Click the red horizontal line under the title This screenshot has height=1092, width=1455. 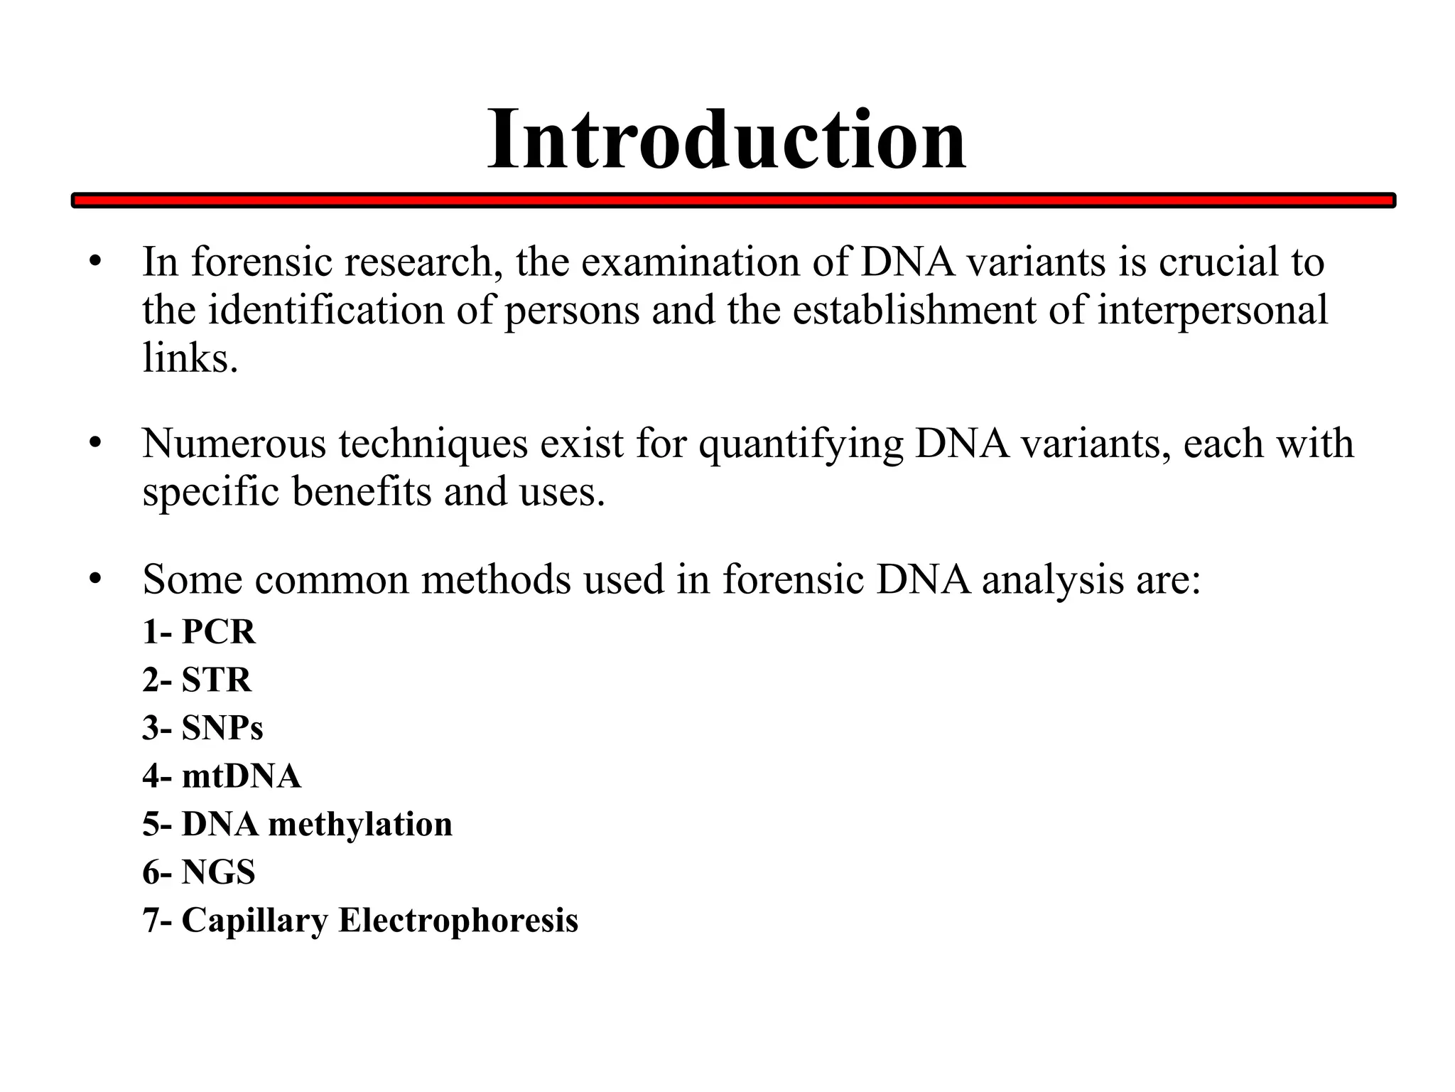pos(733,201)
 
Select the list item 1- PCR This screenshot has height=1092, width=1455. pos(198,631)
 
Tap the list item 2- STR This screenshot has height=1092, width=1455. pos(197,680)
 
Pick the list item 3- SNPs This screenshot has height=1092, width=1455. pos(202,728)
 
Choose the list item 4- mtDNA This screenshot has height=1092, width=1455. pos(222,776)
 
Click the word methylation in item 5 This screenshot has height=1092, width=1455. pos(360,825)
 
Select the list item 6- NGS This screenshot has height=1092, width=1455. pos(198,872)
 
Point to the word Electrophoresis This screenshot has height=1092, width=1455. pos(458,920)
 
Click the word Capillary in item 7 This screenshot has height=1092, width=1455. pos(254,921)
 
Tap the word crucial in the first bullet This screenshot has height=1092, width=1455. pos(1220,262)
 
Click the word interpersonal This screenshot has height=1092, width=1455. pos(1212,311)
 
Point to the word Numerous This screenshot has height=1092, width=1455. pos(234,444)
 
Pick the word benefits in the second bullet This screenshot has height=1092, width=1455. pos(362,491)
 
